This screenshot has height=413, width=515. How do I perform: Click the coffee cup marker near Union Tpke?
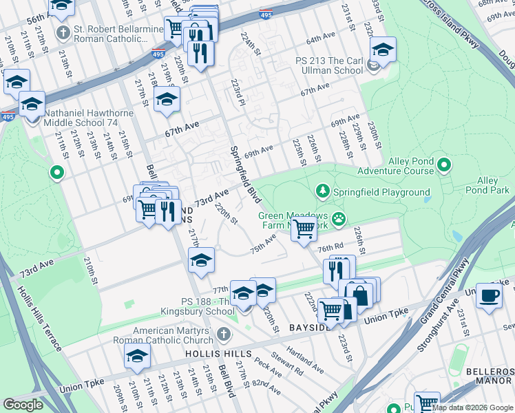(x=490, y=296)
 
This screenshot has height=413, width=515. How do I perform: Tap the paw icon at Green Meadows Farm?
(x=339, y=220)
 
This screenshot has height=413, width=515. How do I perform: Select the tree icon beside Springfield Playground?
(x=322, y=190)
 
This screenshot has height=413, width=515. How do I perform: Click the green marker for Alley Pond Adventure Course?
(x=444, y=165)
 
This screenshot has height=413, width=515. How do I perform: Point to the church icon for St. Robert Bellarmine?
(x=63, y=32)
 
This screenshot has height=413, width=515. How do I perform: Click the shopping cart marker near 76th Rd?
(x=304, y=229)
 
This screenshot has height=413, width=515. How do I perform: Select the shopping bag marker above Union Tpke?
(x=360, y=294)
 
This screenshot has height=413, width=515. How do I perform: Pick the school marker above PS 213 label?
(x=383, y=50)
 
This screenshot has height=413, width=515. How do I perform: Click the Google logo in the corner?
(x=23, y=405)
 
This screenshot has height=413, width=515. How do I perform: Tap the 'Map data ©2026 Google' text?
(x=472, y=407)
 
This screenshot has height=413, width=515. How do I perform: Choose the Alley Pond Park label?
(x=487, y=185)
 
